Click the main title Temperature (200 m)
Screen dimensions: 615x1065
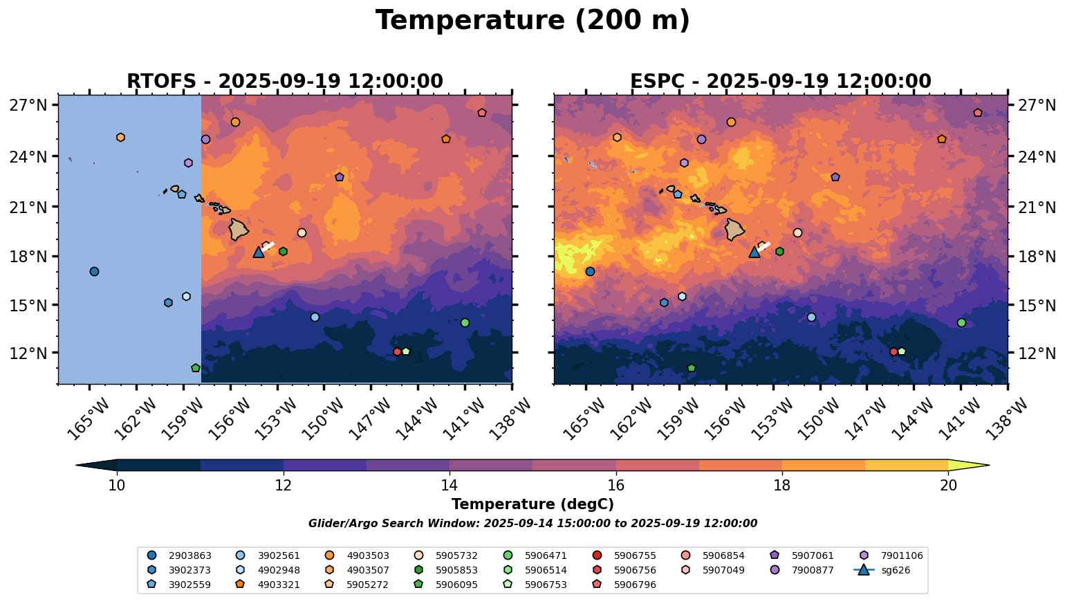[x=532, y=21]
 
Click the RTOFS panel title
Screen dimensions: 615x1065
[x=284, y=82]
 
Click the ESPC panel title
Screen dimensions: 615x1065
[x=780, y=82]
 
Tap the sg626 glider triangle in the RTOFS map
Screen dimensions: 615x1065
[x=259, y=252]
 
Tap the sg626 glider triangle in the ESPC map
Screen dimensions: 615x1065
[x=754, y=252]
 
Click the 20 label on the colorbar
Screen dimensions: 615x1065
[x=949, y=486]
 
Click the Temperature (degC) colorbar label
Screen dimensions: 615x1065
[x=532, y=505]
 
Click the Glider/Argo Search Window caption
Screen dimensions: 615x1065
[x=532, y=524]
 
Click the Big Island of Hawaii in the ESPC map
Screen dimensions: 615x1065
[x=734, y=229]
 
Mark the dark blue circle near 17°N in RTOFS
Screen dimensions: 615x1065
[x=94, y=271]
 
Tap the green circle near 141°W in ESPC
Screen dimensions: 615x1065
[x=961, y=322]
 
